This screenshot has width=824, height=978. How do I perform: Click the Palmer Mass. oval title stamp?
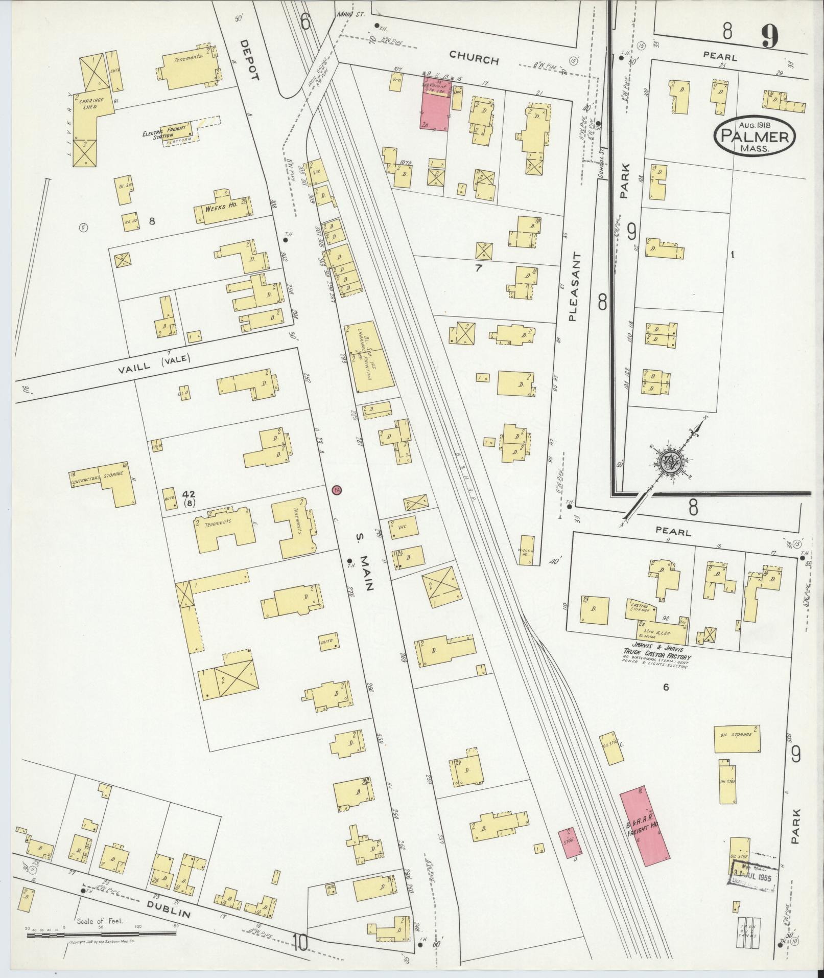click(x=755, y=137)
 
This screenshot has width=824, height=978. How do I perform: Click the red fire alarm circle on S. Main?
click(x=336, y=490)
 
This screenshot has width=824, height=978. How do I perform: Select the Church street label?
click(x=474, y=60)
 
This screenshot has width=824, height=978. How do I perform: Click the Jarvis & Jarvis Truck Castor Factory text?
click(x=655, y=657)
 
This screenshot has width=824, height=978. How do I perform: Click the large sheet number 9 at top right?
click(x=769, y=37)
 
